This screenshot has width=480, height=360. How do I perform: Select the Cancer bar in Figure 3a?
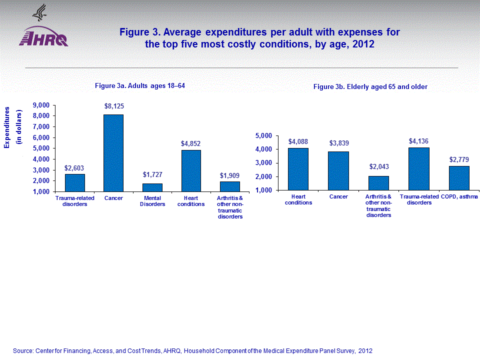pyautogui.click(x=113, y=153)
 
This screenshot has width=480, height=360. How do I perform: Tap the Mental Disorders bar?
pyautogui.click(x=151, y=187)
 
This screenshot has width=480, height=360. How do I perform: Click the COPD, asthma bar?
pyautogui.click(x=459, y=178)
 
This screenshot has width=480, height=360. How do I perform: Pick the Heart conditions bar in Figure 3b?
pyautogui.click(x=298, y=169)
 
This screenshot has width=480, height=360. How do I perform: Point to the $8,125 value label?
pyautogui.click(x=113, y=106)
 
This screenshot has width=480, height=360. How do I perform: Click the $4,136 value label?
pyautogui.click(x=418, y=141)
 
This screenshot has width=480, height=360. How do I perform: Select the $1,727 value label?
pyautogui.click(x=152, y=175)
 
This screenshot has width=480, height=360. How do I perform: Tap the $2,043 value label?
pyautogui.click(x=378, y=166)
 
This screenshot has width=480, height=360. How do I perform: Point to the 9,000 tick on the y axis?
pyautogui.click(x=41, y=105)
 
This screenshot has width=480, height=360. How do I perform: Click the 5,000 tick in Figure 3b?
pyautogui.click(x=263, y=135)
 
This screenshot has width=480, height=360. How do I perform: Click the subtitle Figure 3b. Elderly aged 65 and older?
pyautogui.click(x=370, y=87)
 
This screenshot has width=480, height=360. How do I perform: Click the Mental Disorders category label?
pyautogui.click(x=151, y=201)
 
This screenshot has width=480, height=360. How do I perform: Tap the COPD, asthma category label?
pyautogui.click(x=459, y=197)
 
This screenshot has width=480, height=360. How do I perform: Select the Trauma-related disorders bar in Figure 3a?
pyautogui.click(x=74, y=182)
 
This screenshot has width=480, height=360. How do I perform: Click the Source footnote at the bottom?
pyautogui.click(x=192, y=350)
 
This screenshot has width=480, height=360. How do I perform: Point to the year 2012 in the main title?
pyautogui.click(x=363, y=44)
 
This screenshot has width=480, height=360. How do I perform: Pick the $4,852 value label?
pyautogui.click(x=190, y=143)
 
